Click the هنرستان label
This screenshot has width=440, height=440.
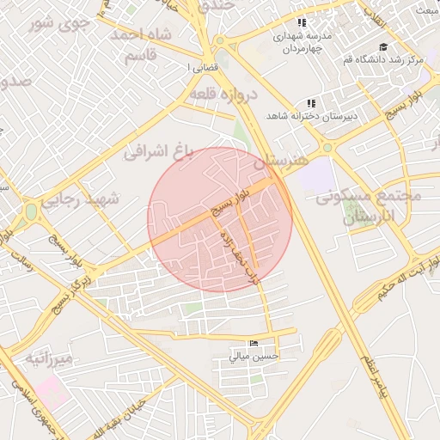coord(282,161)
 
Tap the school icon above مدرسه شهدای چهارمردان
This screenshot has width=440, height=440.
coord(301,22)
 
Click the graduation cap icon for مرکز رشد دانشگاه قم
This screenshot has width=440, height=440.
coord(382,46)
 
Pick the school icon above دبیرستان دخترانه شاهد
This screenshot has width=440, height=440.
coord(311,103)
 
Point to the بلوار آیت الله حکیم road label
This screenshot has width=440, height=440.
coord(407,280)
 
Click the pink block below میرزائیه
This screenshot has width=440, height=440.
coord(49,394)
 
